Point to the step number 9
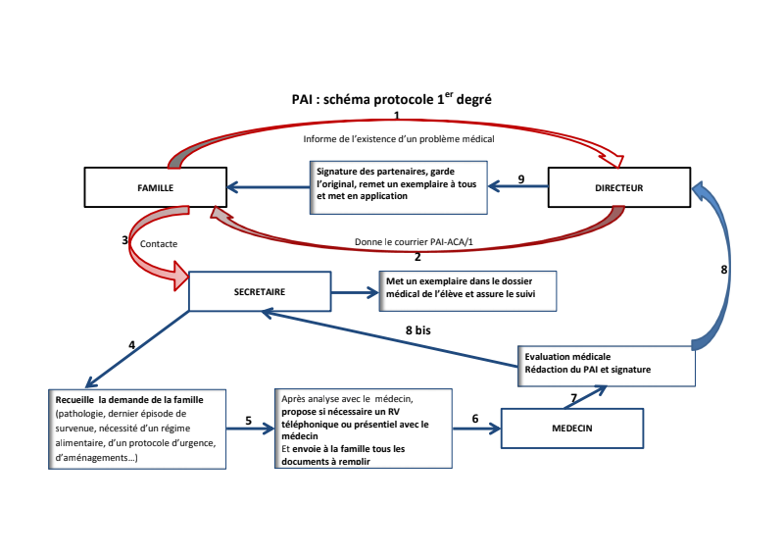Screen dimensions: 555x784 pos(521,179)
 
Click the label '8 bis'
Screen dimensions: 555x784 pos(418,331)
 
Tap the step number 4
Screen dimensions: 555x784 pos(131,345)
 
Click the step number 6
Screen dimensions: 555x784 pos(475,419)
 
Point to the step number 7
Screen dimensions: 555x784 pos(573,396)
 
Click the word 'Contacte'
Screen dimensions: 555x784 pos(159,242)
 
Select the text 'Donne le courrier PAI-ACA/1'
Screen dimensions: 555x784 pos(416,241)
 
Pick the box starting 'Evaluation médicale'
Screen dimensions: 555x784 pos(606,363)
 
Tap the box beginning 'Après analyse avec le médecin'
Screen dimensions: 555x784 pos(363,429)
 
